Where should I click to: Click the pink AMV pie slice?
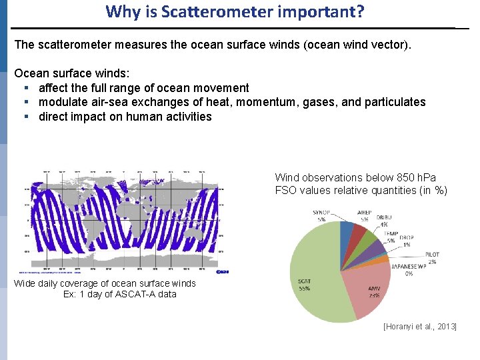363,287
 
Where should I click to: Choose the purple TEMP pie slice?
377,249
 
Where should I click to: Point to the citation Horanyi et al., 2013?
419,327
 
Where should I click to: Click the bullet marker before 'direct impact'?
25,117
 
